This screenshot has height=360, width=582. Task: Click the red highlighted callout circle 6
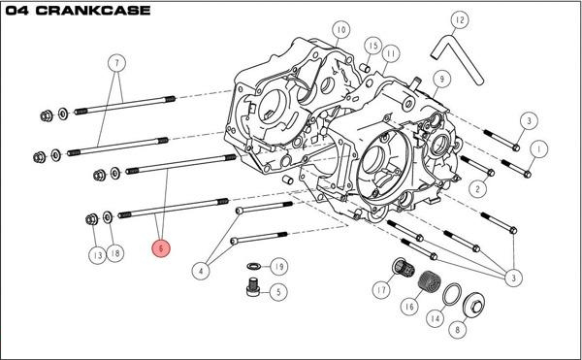coord(161,248)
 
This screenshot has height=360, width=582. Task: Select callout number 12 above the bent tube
coord(460,20)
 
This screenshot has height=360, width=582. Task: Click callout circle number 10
coord(341,30)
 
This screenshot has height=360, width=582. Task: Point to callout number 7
coord(117,63)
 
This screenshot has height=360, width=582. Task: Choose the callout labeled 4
coord(201,271)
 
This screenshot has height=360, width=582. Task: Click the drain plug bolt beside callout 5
coord(252,287)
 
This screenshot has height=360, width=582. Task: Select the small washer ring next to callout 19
coord(253,266)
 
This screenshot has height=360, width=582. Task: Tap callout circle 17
coord(381,289)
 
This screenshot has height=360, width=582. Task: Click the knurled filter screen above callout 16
coord(427,281)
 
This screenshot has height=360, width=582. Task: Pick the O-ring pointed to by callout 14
coord(452,294)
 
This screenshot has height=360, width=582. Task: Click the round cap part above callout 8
coord(474,305)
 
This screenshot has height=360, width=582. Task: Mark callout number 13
coord(97,255)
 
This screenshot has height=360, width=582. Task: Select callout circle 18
coord(115,253)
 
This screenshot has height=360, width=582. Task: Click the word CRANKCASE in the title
coord(93,11)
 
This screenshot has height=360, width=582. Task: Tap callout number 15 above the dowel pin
coord(373,46)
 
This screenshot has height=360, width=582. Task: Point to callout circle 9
coord(441,79)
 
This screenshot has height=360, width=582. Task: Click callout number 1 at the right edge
coord(538,149)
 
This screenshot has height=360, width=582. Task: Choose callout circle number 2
coord(477,189)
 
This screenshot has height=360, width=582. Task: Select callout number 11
coord(391,53)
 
